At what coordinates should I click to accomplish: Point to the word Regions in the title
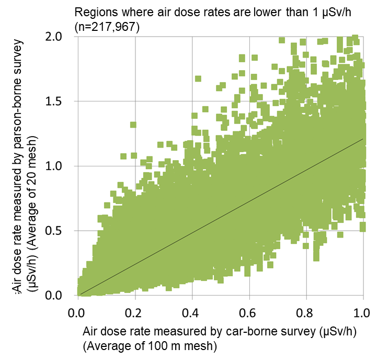click(94, 12)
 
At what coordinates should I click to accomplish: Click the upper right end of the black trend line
click(362, 139)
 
